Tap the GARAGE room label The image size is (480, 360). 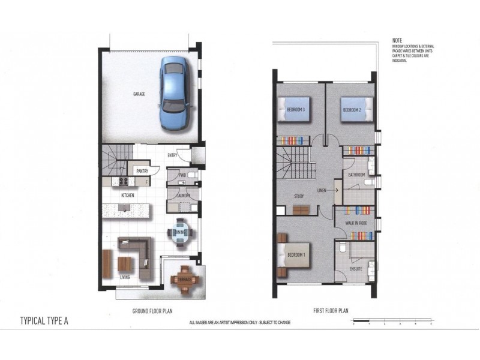click(x=140, y=94)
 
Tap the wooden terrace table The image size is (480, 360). click(x=184, y=280)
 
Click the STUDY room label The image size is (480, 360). click(x=299, y=196)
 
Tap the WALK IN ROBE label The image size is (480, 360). click(x=355, y=223)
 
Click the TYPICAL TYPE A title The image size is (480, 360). click(x=44, y=320)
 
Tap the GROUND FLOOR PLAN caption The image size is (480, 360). click(x=154, y=311)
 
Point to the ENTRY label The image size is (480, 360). click(x=172, y=156)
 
